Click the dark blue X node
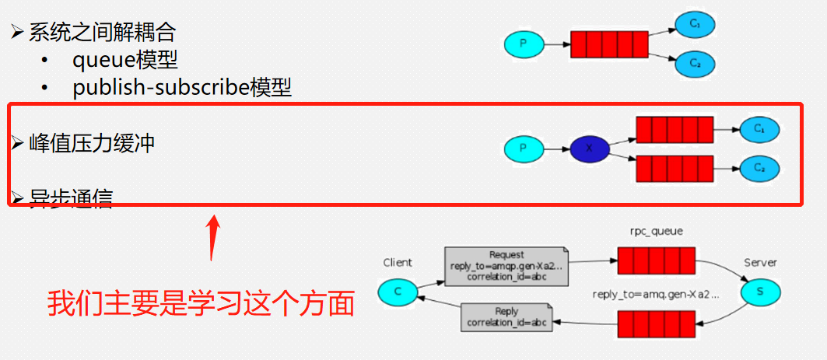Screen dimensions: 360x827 point(588,148)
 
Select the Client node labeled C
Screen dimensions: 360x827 point(396,292)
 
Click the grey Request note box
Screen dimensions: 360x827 point(506,265)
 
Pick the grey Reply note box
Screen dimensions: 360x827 point(506,317)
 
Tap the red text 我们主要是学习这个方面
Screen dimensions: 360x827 point(201,303)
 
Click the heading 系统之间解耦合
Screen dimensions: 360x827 point(102,33)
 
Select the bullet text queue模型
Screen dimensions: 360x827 point(125,60)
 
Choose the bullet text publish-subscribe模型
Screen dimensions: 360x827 point(182,87)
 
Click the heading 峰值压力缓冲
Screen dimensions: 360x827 point(91,143)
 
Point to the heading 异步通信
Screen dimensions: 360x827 point(70,197)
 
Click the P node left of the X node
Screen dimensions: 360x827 point(523,148)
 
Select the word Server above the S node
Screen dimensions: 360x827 point(760,263)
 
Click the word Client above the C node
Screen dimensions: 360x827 point(398,263)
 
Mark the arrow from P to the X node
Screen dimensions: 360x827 point(555,148)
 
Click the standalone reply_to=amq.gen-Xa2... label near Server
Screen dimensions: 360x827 point(655,295)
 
